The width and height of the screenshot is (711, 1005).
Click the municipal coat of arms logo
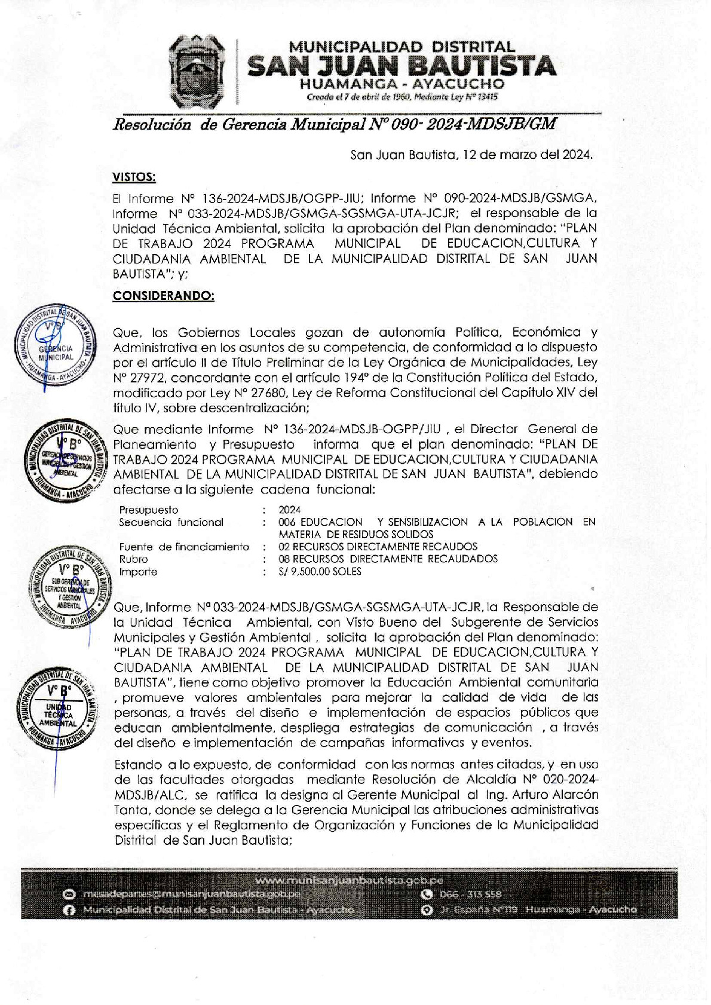click(x=197, y=71)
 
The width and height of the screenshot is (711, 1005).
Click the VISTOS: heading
click(x=134, y=177)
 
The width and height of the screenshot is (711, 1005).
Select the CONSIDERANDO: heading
click(x=163, y=296)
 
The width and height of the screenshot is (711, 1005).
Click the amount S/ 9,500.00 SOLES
click(x=320, y=571)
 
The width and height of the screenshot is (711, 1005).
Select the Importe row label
click(x=138, y=572)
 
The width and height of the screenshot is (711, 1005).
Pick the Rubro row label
click(x=133, y=559)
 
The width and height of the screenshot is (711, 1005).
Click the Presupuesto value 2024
click(x=289, y=510)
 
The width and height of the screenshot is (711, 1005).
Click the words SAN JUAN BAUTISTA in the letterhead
click(x=402, y=66)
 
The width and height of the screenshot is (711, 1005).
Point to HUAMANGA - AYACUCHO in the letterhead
click(x=402, y=85)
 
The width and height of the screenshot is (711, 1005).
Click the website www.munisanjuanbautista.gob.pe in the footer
click(x=349, y=880)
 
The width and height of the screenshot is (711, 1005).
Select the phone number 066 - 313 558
click(x=470, y=894)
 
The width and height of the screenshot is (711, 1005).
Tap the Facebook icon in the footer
click(x=70, y=910)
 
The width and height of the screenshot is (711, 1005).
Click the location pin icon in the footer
click(x=427, y=910)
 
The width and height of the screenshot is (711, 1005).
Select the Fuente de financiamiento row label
click(x=184, y=547)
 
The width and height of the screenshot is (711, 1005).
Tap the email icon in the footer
click(x=70, y=894)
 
